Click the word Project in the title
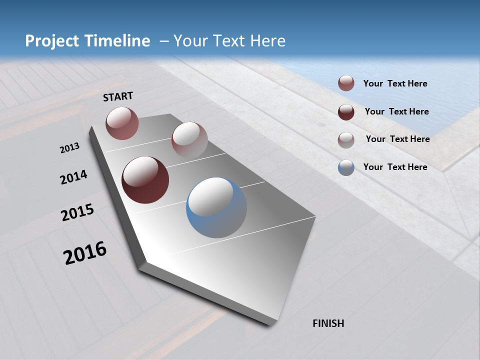[x=52, y=41]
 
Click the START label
[x=118, y=96]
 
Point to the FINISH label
[x=328, y=323]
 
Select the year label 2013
[x=70, y=148]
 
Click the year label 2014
[x=74, y=177]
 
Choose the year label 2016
[x=85, y=253]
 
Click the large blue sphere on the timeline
[x=216, y=207]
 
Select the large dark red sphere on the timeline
[x=145, y=180]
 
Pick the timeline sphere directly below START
[x=122, y=123]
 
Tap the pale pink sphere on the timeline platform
[x=189, y=140]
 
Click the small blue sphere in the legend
[x=346, y=167]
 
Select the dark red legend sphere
[x=346, y=112]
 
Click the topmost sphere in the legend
[x=346, y=83]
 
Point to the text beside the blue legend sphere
[x=395, y=167]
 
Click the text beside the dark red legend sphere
[x=397, y=111]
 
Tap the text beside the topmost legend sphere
[x=395, y=83]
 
